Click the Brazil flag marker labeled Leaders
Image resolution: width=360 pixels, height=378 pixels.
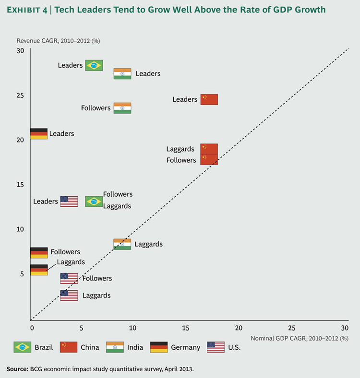[x=94, y=65]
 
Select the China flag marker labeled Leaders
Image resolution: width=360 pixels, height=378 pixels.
[x=209, y=99]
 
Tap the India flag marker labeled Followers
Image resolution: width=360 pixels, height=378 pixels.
[x=122, y=108]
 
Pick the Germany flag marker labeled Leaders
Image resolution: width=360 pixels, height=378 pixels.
[x=38, y=134]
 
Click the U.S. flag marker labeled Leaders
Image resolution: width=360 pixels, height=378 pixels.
[x=69, y=201]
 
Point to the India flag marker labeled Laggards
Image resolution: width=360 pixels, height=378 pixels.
[x=122, y=244]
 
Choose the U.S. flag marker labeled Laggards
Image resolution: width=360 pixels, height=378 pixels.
[x=69, y=295]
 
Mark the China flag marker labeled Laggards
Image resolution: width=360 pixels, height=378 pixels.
[x=209, y=149]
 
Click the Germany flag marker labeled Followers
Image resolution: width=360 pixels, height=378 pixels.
[x=38, y=253]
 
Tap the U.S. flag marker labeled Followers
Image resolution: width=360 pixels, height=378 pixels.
[x=69, y=278]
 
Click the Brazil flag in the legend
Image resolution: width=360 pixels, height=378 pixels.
[x=23, y=347]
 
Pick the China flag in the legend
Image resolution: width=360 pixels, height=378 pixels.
[x=69, y=347]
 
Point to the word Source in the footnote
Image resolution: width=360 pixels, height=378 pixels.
[x=17, y=369]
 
